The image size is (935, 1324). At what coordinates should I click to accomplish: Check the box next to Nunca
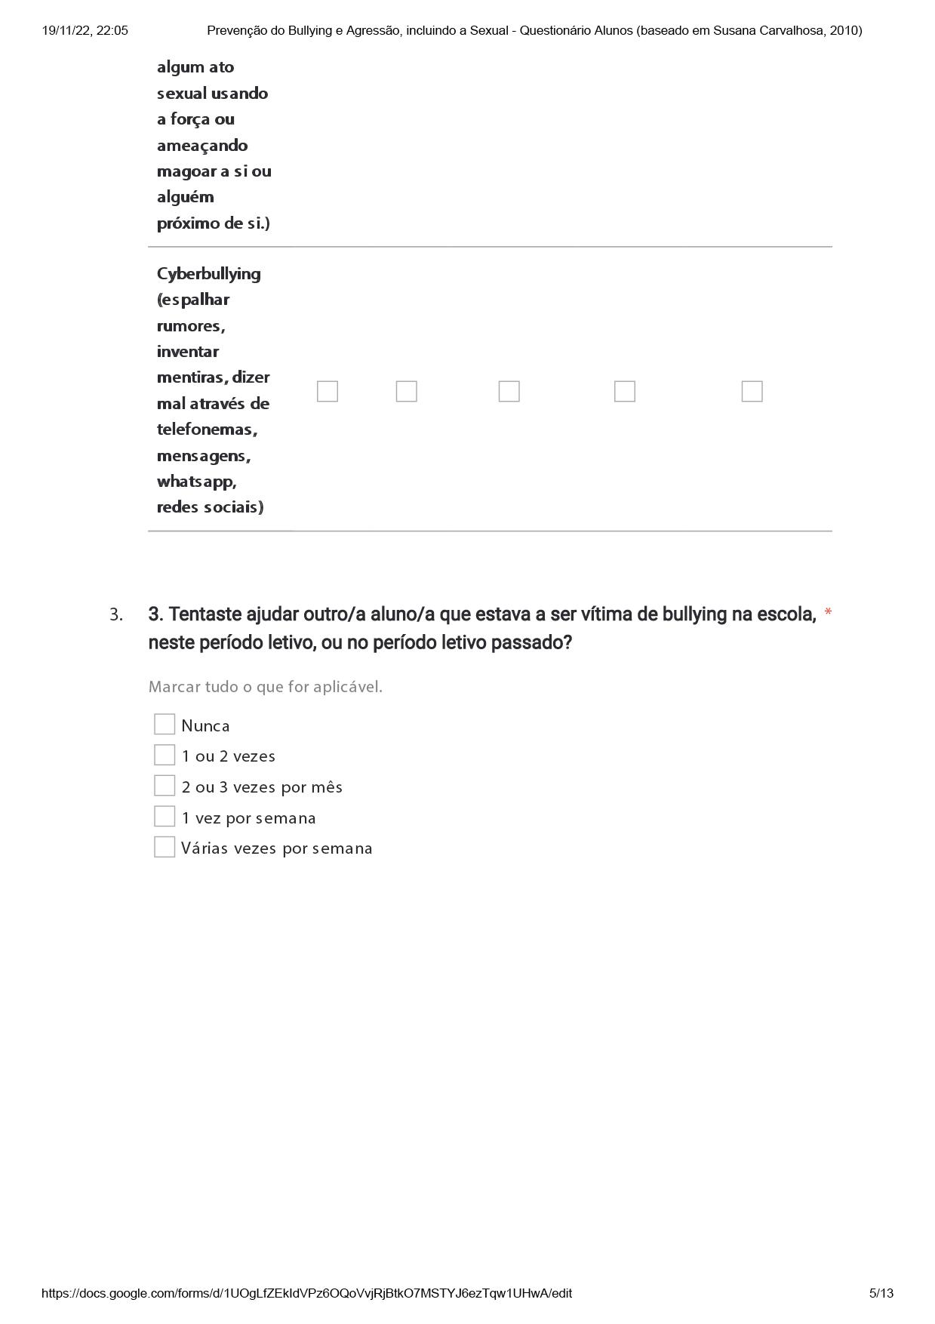[x=165, y=725]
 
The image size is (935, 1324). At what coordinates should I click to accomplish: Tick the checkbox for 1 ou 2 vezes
[x=165, y=755]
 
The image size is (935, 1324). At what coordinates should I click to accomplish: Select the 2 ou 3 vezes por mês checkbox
[x=165, y=786]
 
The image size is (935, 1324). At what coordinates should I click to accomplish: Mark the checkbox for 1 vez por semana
[x=165, y=817]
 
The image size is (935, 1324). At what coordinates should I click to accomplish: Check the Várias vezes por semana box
[x=165, y=847]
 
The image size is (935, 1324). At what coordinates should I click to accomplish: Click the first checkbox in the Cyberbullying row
[x=328, y=391]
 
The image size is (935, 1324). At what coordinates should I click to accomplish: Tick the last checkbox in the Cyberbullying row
[x=752, y=391]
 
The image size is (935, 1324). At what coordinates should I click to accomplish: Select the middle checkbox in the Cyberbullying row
[x=509, y=391]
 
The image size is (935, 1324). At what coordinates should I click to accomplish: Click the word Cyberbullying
[x=208, y=274]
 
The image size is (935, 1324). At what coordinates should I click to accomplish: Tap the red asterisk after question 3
[x=828, y=613]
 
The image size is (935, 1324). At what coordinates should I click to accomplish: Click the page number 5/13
[x=881, y=1293]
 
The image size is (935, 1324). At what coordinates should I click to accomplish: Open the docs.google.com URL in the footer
[x=306, y=1293]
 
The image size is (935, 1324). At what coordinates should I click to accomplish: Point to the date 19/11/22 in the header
[x=66, y=31]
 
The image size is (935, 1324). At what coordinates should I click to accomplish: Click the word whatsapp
[x=196, y=482]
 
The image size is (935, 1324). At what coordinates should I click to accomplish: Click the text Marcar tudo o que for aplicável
[x=265, y=687]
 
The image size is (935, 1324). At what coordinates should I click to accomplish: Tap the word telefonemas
[x=207, y=430]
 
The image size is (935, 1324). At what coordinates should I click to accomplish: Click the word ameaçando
[x=201, y=146]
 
